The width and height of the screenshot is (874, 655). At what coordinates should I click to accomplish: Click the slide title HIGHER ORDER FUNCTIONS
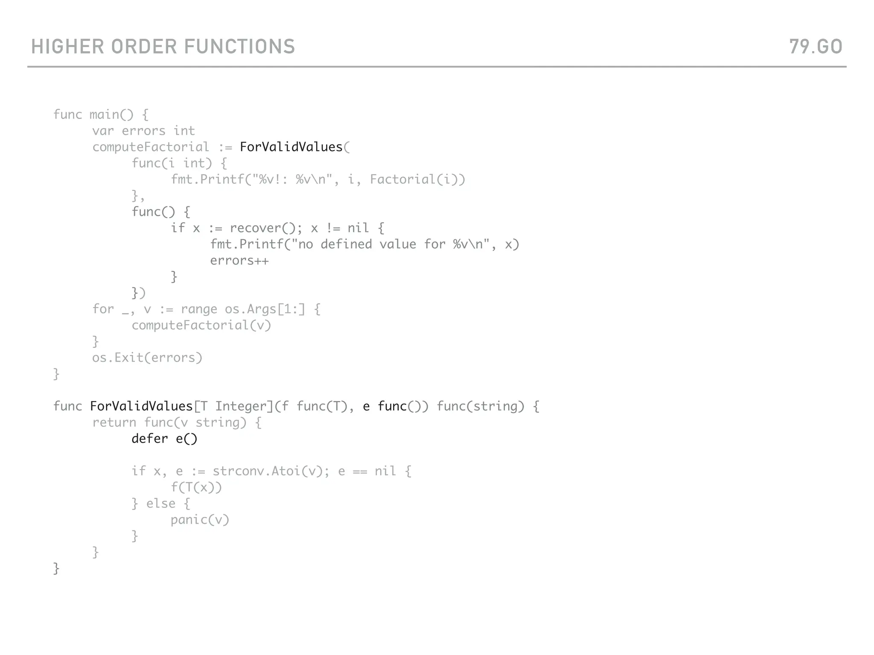(x=163, y=46)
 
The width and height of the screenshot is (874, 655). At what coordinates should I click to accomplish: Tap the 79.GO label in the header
(x=816, y=46)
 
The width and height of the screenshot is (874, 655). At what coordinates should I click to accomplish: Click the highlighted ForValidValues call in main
(x=291, y=147)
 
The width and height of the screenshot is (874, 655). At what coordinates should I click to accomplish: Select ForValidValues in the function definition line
(x=141, y=406)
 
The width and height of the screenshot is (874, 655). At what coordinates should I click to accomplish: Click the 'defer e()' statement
(x=164, y=439)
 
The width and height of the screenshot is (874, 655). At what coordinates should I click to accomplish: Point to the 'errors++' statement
(x=239, y=261)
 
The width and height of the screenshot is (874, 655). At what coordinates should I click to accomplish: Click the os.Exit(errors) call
(x=147, y=358)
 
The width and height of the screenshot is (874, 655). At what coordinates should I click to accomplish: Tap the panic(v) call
(x=200, y=520)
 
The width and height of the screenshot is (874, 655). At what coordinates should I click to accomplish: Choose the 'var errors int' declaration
(x=143, y=131)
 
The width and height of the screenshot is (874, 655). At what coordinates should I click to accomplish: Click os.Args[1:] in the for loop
(x=265, y=309)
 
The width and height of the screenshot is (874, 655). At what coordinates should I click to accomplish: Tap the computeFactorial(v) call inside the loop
(x=201, y=325)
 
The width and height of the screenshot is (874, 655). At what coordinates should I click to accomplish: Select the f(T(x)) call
(x=196, y=487)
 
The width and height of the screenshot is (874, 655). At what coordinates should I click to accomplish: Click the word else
(x=160, y=504)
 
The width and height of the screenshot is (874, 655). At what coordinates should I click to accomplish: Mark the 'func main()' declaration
(x=93, y=115)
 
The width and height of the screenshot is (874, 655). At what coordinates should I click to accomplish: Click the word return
(x=114, y=423)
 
